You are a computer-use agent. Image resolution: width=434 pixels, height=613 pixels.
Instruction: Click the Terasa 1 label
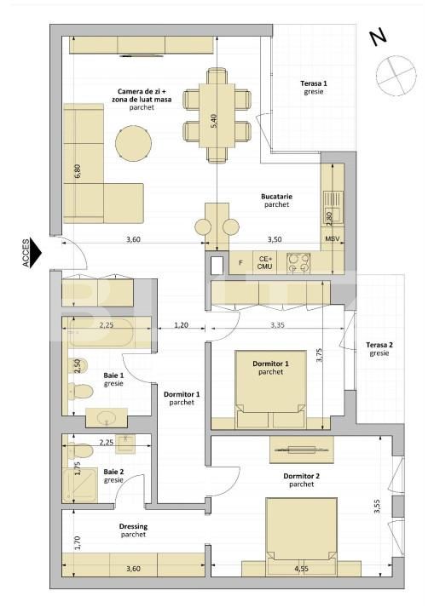click(x=314, y=83)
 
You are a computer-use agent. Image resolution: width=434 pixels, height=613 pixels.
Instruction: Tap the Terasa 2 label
click(x=380, y=345)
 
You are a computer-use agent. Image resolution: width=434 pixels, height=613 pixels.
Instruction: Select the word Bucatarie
click(x=276, y=196)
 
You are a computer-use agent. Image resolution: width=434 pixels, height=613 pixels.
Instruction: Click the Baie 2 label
click(x=113, y=471)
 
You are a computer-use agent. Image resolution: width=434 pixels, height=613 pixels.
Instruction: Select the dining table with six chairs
click(x=217, y=116)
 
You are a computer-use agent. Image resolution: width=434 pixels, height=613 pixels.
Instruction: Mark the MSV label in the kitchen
click(x=333, y=239)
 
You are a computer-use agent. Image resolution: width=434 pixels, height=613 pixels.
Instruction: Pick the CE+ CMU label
click(x=265, y=262)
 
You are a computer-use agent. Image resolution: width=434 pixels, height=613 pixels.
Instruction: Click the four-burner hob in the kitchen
click(x=298, y=262)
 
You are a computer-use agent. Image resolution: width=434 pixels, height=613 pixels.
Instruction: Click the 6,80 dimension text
click(x=78, y=169)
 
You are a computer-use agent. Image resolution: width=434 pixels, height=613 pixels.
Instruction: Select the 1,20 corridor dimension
click(x=181, y=324)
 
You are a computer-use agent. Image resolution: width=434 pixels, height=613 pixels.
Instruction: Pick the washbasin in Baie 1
click(x=107, y=418)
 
